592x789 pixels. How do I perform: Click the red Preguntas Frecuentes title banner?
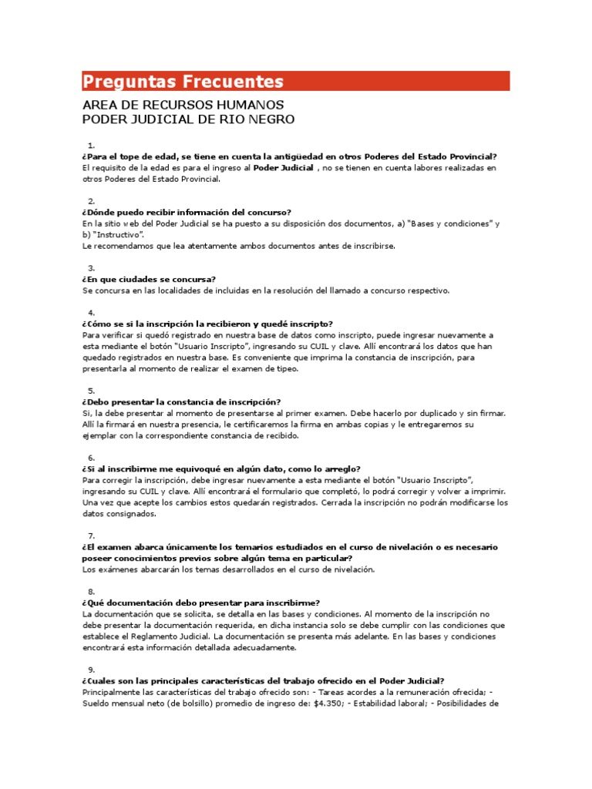pyautogui.click(x=295, y=81)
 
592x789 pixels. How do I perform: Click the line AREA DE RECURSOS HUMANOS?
pyautogui.click(x=183, y=104)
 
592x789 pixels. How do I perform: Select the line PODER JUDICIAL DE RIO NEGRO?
pyautogui.click(x=188, y=119)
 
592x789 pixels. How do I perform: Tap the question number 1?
pyautogui.click(x=91, y=145)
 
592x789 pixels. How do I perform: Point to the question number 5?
pyautogui.click(x=91, y=391)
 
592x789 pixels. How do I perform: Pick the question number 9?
pyautogui.click(x=91, y=670)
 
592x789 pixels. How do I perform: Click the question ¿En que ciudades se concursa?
pyautogui.click(x=149, y=279)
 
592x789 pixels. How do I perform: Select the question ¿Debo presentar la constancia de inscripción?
pyautogui.click(x=181, y=402)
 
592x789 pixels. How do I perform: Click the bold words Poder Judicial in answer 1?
pyautogui.click(x=284, y=167)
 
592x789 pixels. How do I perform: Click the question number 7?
pyautogui.click(x=91, y=536)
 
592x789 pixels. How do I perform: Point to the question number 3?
pyautogui.click(x=91, y=267)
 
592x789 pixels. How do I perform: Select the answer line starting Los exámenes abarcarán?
pyautogui.click(x=227, y=569)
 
